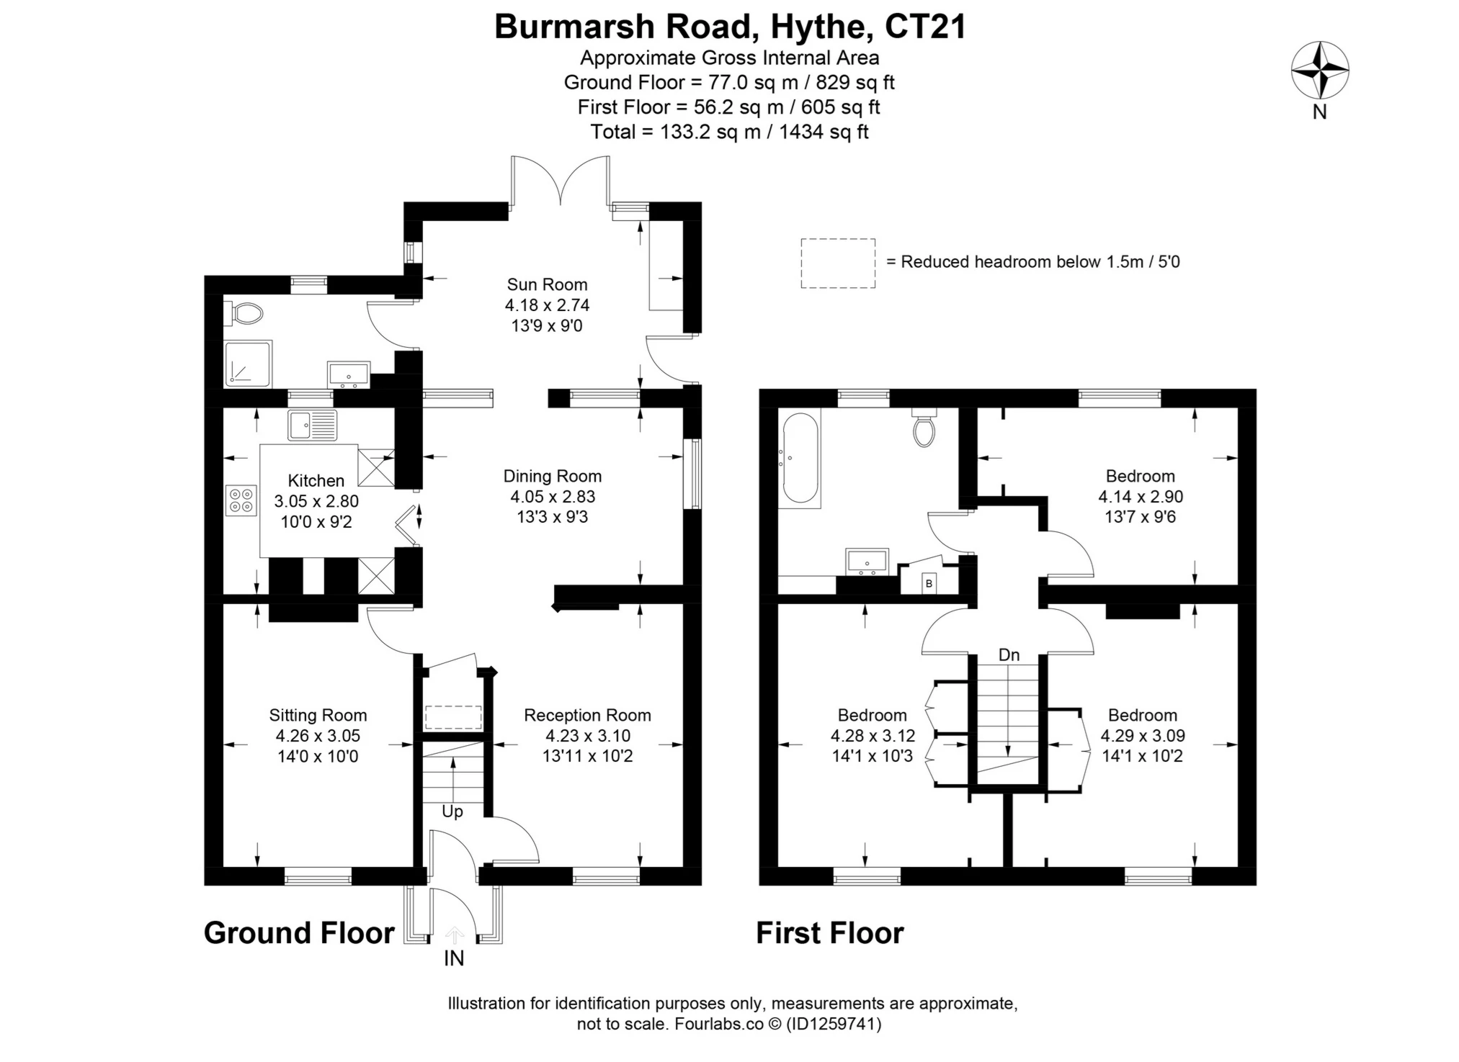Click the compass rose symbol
1319,71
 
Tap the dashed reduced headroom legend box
838,264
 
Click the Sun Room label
547,284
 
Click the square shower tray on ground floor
248,364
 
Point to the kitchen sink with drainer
312,425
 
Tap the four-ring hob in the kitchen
241,500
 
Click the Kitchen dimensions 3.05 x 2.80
316,501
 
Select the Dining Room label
552,476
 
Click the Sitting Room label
318,715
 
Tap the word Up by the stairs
452,811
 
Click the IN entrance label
454,958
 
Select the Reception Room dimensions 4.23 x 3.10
587,736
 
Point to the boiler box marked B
929,583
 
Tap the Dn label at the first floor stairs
1009,654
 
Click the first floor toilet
924,428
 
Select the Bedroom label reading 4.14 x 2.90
1140,496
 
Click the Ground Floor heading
299,933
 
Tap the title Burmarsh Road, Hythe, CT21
729,27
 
